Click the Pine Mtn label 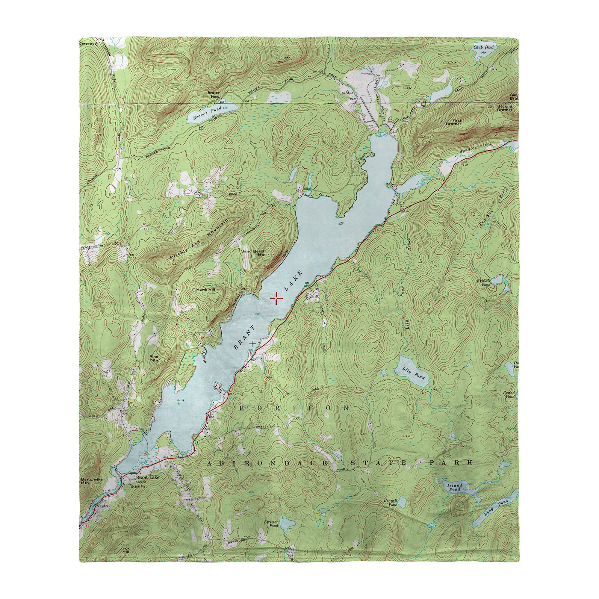click(154, 359)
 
